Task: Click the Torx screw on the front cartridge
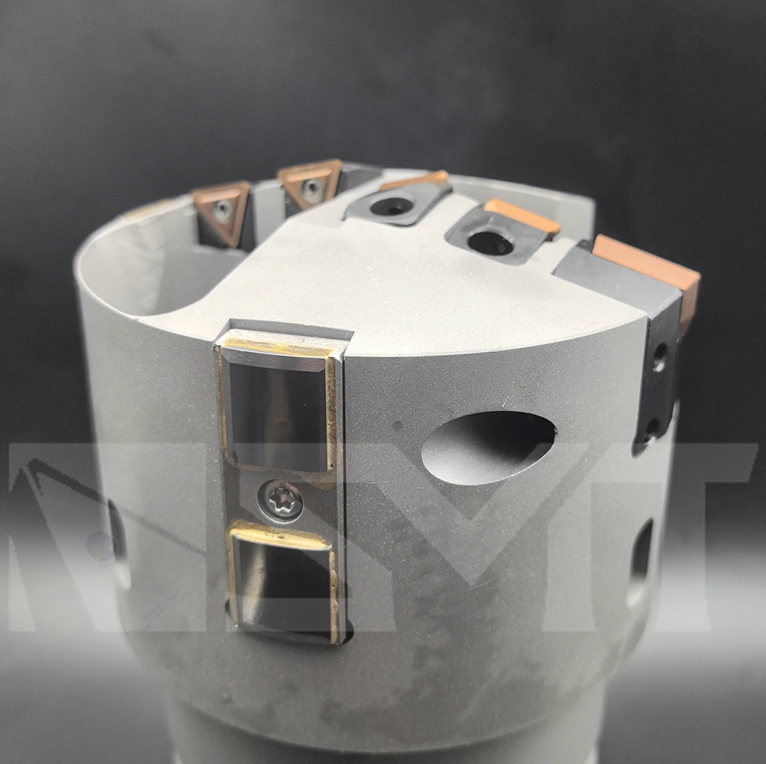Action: pos(281,501)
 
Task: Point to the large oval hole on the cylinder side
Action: pos(488,448)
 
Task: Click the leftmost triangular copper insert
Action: pos(222,212)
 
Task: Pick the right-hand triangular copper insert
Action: pos(310,184)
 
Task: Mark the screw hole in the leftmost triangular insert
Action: pos(223,209)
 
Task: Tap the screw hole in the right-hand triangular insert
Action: pos(311,186)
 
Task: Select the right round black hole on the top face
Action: pos(490,242)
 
